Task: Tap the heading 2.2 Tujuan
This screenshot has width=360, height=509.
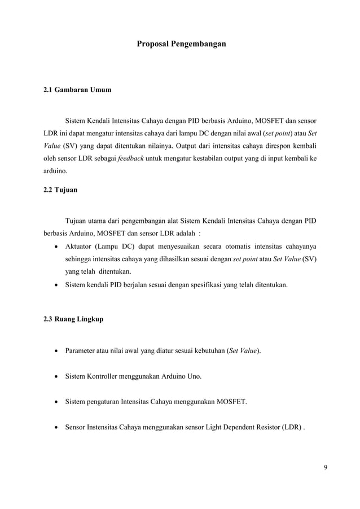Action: (61, 190)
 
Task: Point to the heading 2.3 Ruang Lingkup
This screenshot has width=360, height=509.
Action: (73, 319)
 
